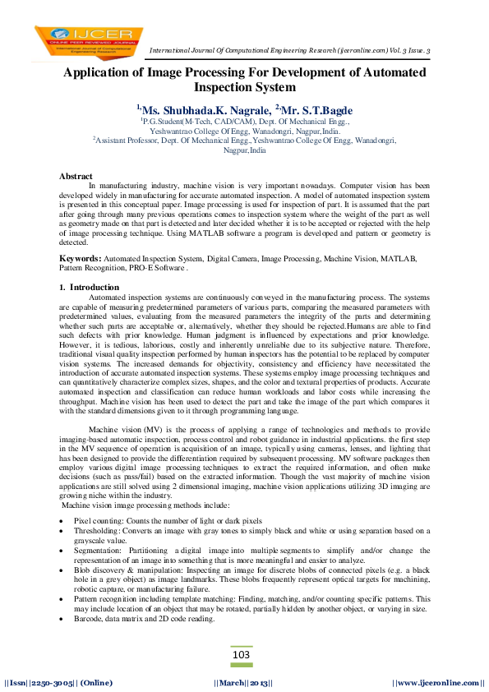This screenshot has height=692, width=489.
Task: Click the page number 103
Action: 241,654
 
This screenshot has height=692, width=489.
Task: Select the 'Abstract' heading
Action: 76,177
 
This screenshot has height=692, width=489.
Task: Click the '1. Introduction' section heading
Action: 89,287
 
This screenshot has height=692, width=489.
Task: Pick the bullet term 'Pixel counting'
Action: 97,521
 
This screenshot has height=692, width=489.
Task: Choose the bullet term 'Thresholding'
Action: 96,531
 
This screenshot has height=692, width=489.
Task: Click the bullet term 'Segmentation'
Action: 98,551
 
